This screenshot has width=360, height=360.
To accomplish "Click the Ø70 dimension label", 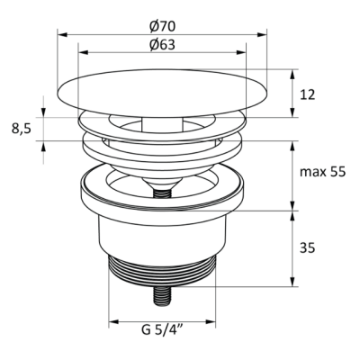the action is click(x=162, y=26).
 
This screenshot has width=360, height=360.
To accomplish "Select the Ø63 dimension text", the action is click(x=162, y=45).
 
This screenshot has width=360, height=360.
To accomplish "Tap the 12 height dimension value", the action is click(x=307, y=94).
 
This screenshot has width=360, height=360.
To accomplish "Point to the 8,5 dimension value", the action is click(x=22, y=129).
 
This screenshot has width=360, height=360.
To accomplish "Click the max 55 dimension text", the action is click(x=323, y=172).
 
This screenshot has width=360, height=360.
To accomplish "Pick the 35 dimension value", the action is click(x=307, y=248).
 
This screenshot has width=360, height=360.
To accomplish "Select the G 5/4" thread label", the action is click(x=162, y=330).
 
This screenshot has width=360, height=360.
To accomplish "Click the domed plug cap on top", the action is click(x=162, y=93).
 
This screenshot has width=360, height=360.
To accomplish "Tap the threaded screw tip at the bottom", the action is click(x=162, y=296).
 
